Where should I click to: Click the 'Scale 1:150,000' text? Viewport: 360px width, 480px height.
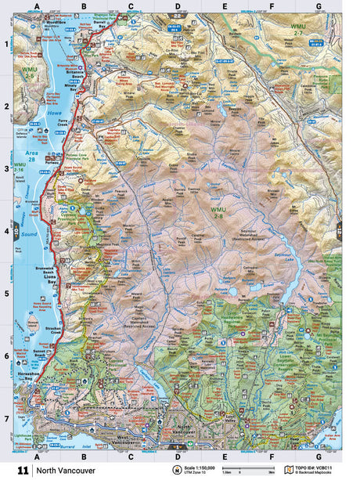point(202,467)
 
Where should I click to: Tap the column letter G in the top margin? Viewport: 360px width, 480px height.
point(318,6)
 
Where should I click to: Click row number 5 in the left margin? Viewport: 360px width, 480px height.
point(5,294)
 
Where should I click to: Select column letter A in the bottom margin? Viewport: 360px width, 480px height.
point(36,455)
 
